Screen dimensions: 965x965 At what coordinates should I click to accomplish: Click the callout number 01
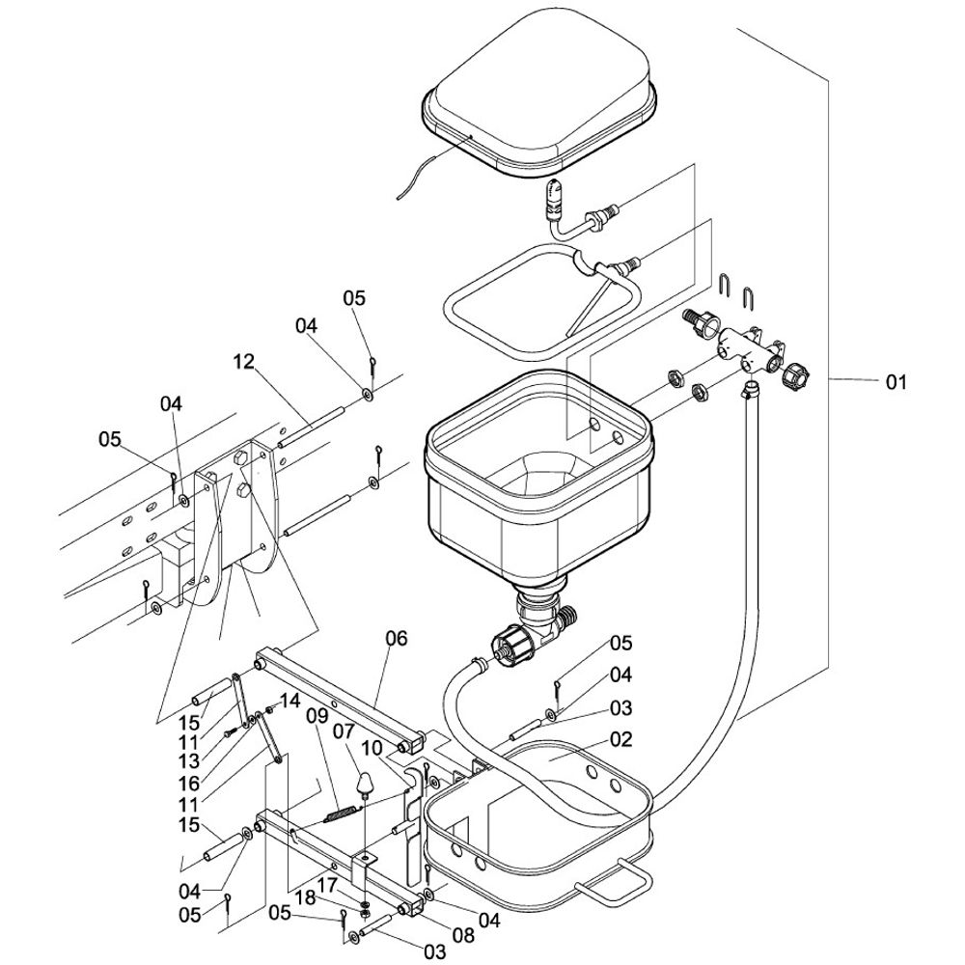[896, 383]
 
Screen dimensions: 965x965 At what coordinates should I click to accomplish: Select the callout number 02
[620, 740]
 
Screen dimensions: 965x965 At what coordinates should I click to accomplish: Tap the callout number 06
[397, 638]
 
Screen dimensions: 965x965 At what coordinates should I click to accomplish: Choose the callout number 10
[372, 749]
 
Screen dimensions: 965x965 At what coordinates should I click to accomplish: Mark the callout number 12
[244, 362]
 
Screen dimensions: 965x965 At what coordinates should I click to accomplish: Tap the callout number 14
[290, 700]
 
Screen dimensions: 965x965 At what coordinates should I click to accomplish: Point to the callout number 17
[328, 884]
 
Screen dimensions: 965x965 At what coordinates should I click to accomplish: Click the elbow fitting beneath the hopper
[540, 618]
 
